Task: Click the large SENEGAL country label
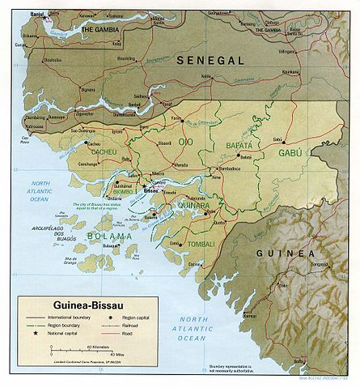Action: pos(212,62)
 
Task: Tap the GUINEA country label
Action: pos(285,253)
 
